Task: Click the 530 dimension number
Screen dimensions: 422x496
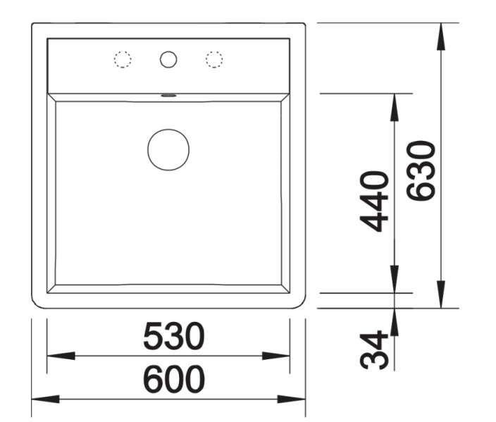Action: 173,337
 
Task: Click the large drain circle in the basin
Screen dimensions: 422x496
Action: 168,149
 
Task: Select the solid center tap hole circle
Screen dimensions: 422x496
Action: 168,60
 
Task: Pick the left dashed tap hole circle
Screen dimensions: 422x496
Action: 123,60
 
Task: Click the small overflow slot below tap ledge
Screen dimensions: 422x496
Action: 168,93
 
